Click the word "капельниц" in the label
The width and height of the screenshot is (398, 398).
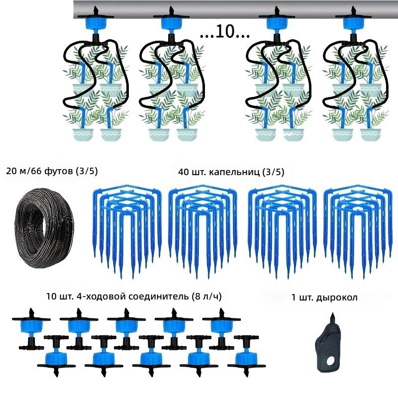tap(234, 172)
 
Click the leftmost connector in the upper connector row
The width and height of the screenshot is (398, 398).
tap(31, 329)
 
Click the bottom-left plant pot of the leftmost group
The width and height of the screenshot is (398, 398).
tap(83, 135)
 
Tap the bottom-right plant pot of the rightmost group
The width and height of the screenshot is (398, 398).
tap(371, 135)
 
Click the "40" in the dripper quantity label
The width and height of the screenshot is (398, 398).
tap(183, 172)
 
